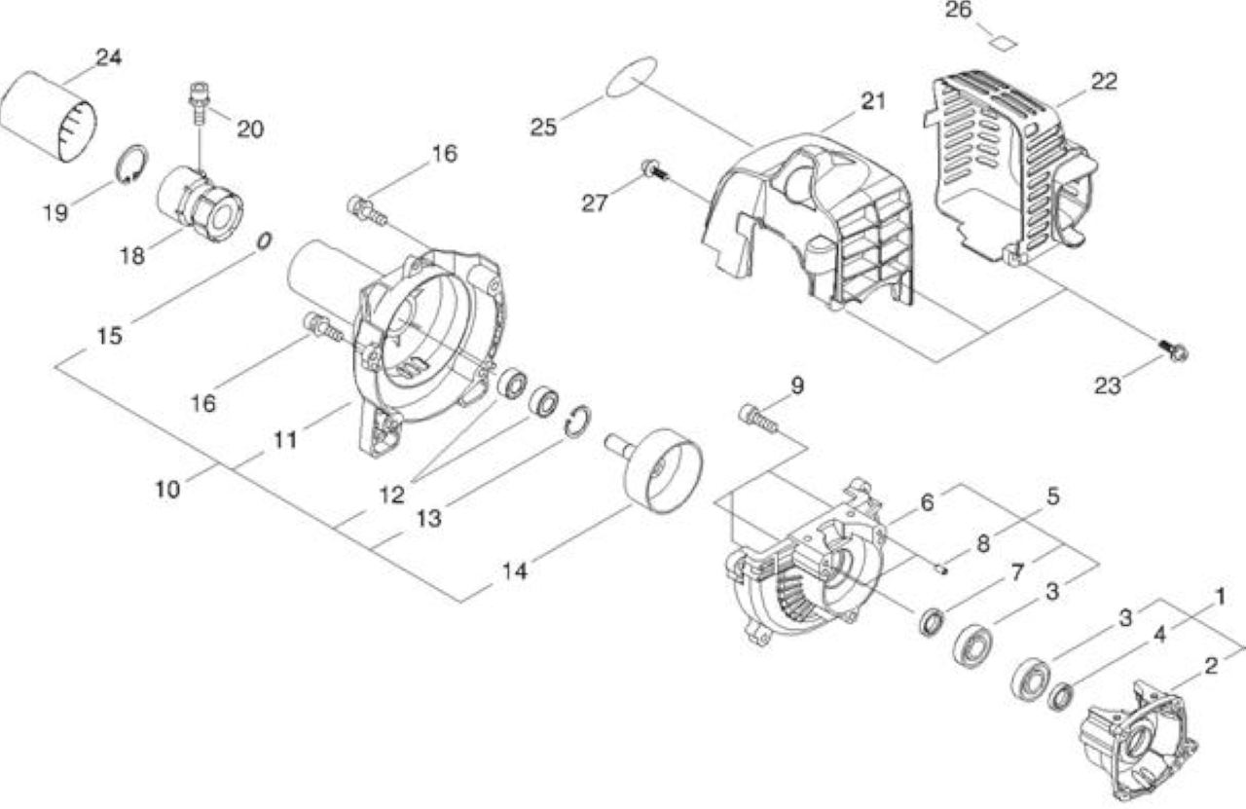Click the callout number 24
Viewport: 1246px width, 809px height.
coord(109,57)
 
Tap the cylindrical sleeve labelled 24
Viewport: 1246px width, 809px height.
coord(49,117)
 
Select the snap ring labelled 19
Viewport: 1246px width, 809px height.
coord(131,163)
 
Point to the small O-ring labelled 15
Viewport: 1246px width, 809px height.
coord(264,241)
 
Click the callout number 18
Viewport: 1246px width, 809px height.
coord(132,256)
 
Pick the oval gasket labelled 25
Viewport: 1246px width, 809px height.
coord(632,77)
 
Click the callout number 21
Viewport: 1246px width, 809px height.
coord(873,101)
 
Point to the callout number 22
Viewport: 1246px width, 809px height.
coord(1104,82)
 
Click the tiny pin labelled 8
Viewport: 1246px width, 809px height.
coord(941,569)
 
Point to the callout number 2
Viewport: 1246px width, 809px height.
coord(1212,667)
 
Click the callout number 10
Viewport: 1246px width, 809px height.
coord(168,491)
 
